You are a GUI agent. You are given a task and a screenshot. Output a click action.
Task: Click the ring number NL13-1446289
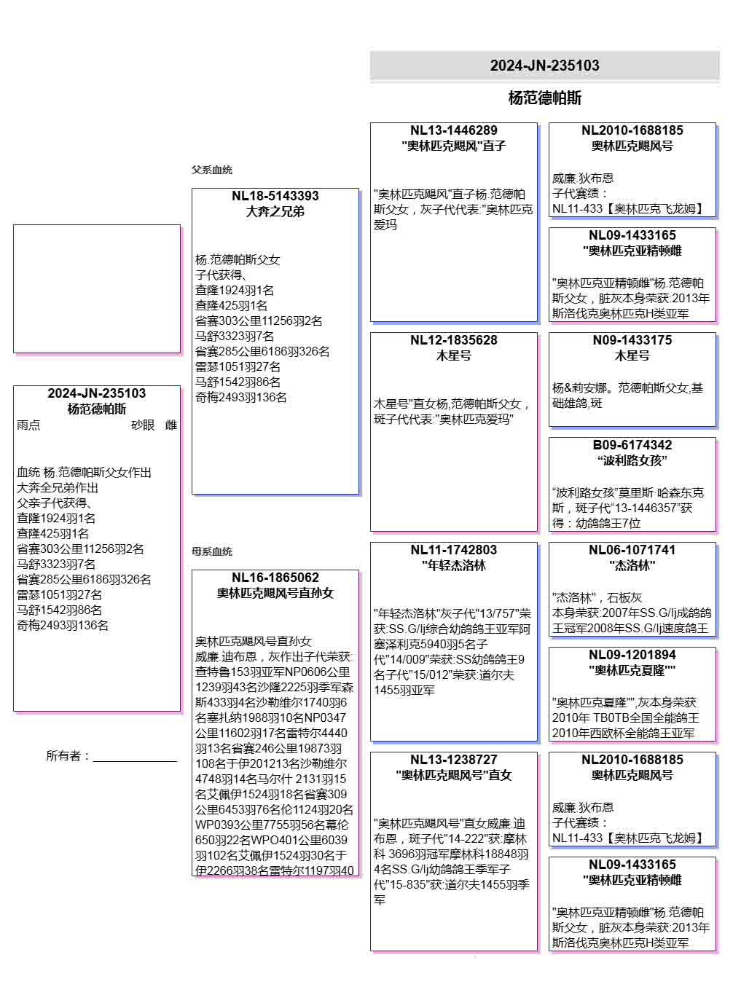pos(453,130)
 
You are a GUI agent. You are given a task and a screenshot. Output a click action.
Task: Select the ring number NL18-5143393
pos(275,196)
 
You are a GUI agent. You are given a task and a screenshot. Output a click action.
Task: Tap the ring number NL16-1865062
pos(275,578)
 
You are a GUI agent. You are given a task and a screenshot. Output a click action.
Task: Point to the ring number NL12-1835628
pos(453,340)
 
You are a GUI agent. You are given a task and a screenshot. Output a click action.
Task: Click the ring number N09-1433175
pos(632,340)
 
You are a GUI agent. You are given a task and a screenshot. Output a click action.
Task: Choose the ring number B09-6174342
pos(632,445)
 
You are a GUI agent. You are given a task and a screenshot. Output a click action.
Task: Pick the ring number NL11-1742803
pos(453,550)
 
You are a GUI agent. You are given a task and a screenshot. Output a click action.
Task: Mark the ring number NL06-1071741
pos(632,550)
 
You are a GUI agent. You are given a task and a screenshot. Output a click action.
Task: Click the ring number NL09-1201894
pos(632,655)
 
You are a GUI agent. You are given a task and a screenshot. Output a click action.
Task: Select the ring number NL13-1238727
pos(453,760)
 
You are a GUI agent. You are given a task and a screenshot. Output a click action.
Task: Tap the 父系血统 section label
pos(212,170)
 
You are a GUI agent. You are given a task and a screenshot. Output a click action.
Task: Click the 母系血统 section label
pos(212,551)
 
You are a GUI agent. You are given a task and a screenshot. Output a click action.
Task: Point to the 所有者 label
pos(67,756)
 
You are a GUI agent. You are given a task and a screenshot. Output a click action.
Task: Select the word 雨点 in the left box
pos(28,425)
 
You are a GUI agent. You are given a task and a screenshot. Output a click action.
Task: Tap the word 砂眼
pos(143,425)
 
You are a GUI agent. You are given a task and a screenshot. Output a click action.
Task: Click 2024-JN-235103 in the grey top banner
pos(544,66)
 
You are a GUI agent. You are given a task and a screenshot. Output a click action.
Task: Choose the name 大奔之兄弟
pos(275,211)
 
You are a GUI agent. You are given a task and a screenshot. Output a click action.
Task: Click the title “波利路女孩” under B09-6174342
pos(632,460)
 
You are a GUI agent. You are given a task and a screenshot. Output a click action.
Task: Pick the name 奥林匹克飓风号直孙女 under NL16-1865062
pos(275,593)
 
